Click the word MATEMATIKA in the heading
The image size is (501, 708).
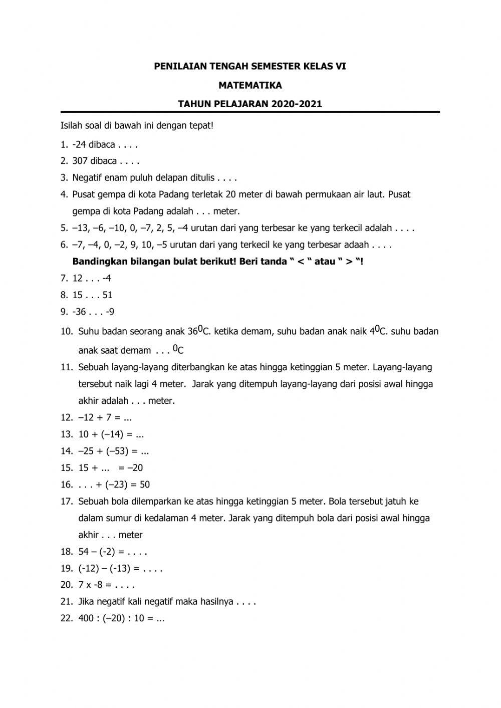click(250, 85)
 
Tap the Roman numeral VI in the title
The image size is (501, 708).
click(340, 66)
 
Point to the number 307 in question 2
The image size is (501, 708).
click(80, 161)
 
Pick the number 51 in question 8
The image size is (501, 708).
click(108, 295)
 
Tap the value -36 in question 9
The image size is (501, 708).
click(79, 312)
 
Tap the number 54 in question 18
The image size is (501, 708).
click(84, 552)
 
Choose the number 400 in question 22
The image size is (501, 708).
click(86, 618)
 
